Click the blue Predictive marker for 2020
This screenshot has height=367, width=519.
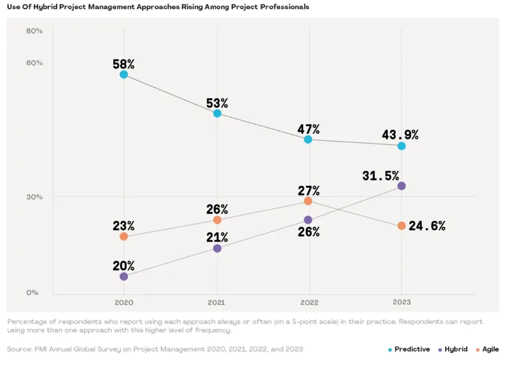124,75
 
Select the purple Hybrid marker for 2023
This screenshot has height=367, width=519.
402,186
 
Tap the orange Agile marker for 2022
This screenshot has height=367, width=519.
308,201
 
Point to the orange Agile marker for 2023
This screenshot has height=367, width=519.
402,226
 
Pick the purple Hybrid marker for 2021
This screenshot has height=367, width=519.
217,248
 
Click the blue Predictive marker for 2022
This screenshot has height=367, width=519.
308,140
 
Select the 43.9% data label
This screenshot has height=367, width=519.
400,135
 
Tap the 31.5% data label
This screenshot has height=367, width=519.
381,176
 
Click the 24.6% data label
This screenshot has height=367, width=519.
427,226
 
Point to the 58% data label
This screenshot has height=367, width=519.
123,64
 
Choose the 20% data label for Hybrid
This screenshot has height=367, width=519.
123,266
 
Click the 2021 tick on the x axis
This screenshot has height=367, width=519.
217,302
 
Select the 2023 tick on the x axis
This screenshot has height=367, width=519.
402,302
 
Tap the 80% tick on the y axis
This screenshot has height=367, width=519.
34,31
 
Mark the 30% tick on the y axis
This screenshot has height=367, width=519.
34,197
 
